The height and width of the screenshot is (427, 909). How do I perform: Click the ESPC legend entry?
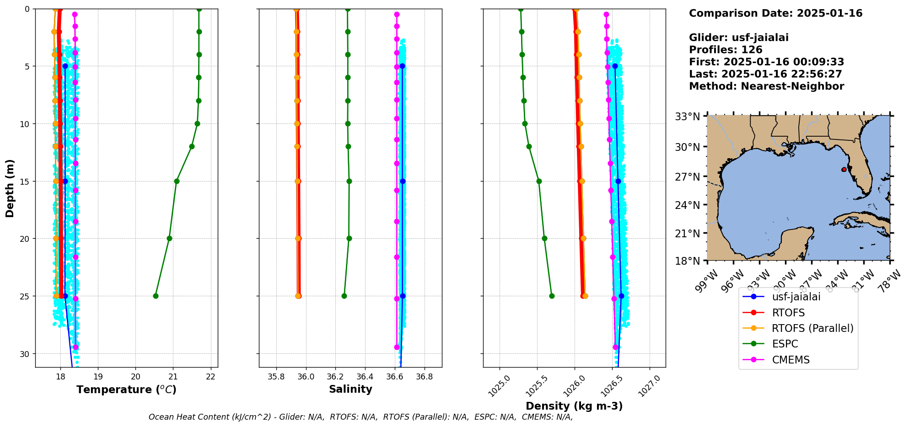pyautogui.click(x=785, y=344)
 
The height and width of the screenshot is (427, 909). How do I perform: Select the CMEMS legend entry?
pyautogui.click(x=791, y=360)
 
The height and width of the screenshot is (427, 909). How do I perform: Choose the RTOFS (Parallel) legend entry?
pyautogui.click(x=812, y=328)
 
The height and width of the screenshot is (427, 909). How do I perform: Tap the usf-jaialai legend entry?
pyautogui.click(x=796, y=297)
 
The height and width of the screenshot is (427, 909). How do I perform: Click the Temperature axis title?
pyautogui.click(x=126, y=390)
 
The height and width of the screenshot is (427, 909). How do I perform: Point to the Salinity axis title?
pyautogui.click(x=350, y=389)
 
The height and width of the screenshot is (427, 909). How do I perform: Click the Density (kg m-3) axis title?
pyautogui.click(x=574, y=406)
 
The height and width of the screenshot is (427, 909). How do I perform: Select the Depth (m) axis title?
pyautogui.click(x=10, y=188)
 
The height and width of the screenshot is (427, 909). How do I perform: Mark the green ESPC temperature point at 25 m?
pyautogui.click(x=156, y=296)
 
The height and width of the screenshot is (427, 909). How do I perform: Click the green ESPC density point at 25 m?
pyautogui.click(x=552, y=296)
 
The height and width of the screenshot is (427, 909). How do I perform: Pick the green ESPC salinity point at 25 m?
pyautogui.click(x=344, y=296)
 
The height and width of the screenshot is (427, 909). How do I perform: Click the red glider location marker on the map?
pyautogui.click(x=844, y=170)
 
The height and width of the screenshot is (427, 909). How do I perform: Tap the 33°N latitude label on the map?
pyautogui.click(x=688, y=117)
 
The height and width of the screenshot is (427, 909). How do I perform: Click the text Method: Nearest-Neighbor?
pyautogui.click(x=766, y=86)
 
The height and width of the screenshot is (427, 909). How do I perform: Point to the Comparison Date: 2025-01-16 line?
pyautogui.click(x=775, y=13)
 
